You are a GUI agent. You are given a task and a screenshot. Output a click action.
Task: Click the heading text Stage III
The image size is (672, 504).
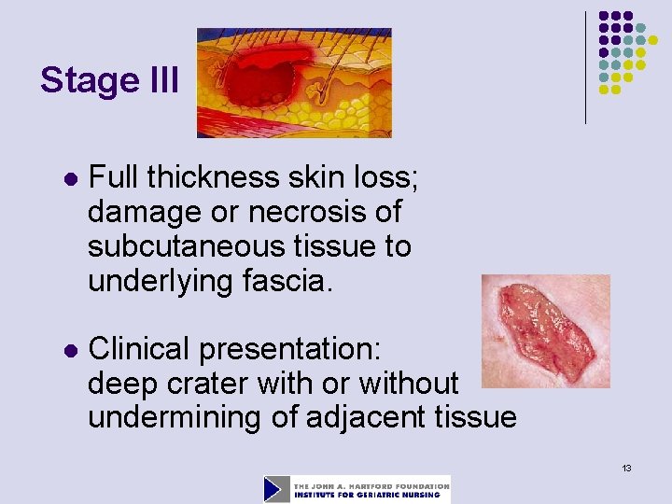[109, 81]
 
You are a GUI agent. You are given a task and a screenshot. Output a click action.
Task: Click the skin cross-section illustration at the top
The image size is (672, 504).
[294, 82]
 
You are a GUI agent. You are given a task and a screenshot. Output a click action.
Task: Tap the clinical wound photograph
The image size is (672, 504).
[546, 331]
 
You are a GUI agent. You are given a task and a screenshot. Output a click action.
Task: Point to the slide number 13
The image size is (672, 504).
[626, 467]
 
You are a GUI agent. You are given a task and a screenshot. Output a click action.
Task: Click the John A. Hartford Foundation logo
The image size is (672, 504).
[357, 489]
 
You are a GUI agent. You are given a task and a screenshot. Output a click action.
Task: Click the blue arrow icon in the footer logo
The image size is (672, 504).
[276, 489]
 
